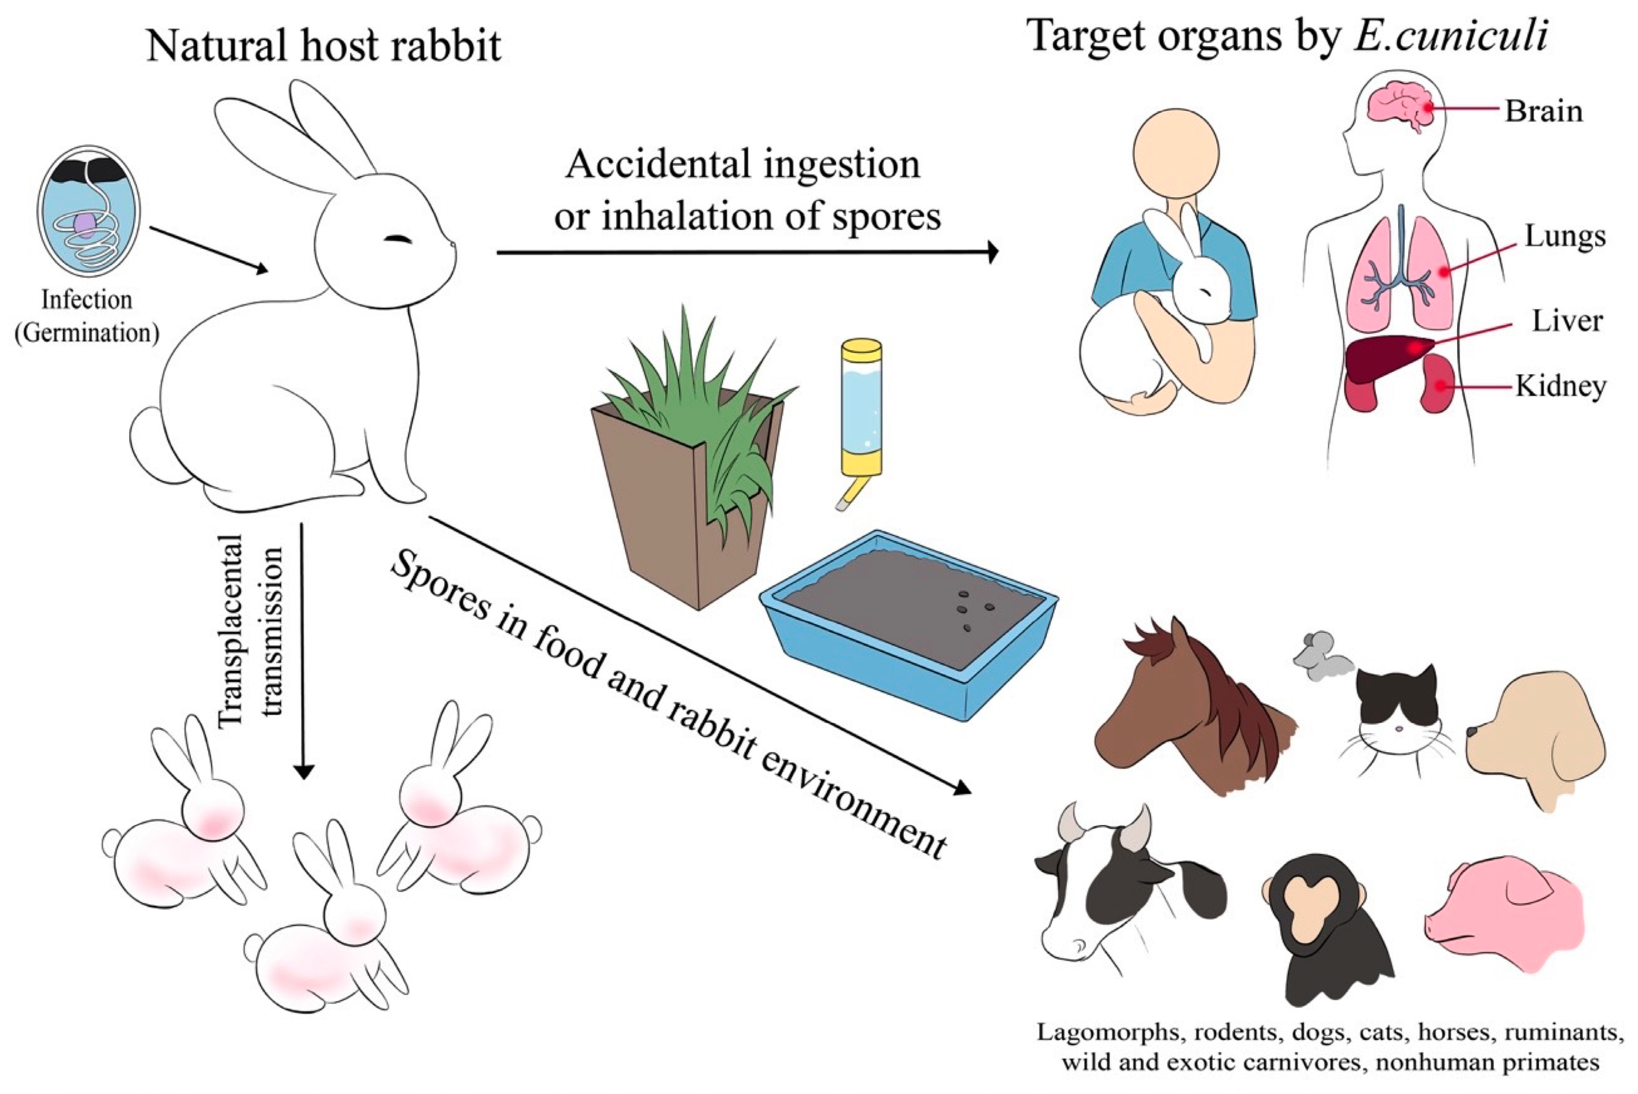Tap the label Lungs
(x=1565, y=237)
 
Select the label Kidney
(x=1560, y=386)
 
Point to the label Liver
(x=1567, y=321)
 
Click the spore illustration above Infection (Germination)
(x=89, y=212)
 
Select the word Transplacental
(x=230, y=631)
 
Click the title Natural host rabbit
(x=324, y=46)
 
